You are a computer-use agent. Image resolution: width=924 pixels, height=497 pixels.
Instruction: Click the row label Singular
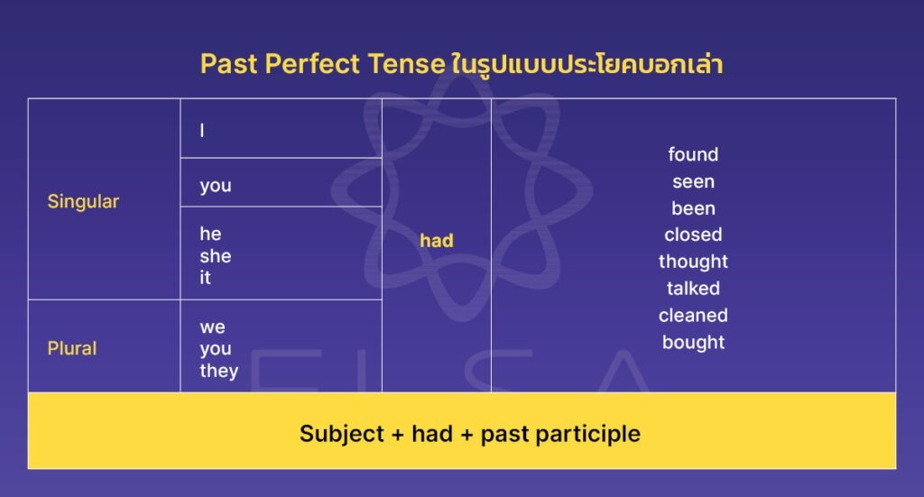83,201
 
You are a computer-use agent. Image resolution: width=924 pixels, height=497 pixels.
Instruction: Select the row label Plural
72,348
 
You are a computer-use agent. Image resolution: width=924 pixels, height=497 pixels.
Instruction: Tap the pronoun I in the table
202,131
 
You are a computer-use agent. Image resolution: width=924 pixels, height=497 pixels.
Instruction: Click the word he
210,235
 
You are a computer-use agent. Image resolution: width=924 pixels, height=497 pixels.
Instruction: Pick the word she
216,256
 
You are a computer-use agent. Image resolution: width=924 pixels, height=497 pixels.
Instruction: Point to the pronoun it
205,278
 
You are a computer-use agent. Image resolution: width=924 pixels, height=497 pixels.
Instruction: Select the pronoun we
213,327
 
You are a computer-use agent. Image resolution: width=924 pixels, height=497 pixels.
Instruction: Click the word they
219,371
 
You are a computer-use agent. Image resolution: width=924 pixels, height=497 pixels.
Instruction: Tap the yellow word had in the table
437,241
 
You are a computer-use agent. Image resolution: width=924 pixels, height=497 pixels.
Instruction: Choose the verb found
693,154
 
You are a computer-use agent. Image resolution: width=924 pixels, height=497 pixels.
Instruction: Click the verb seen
693,181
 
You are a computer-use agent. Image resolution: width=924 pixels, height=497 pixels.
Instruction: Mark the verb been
693,208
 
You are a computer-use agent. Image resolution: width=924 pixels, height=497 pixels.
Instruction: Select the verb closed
693,235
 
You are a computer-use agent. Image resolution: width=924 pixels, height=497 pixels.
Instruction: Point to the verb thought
693,262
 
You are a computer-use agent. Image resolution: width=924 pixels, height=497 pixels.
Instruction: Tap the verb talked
693,289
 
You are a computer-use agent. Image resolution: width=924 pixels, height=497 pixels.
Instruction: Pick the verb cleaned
693,316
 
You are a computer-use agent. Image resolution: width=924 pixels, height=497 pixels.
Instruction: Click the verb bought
693,343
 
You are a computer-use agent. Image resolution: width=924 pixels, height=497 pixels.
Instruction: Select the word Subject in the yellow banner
342,434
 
